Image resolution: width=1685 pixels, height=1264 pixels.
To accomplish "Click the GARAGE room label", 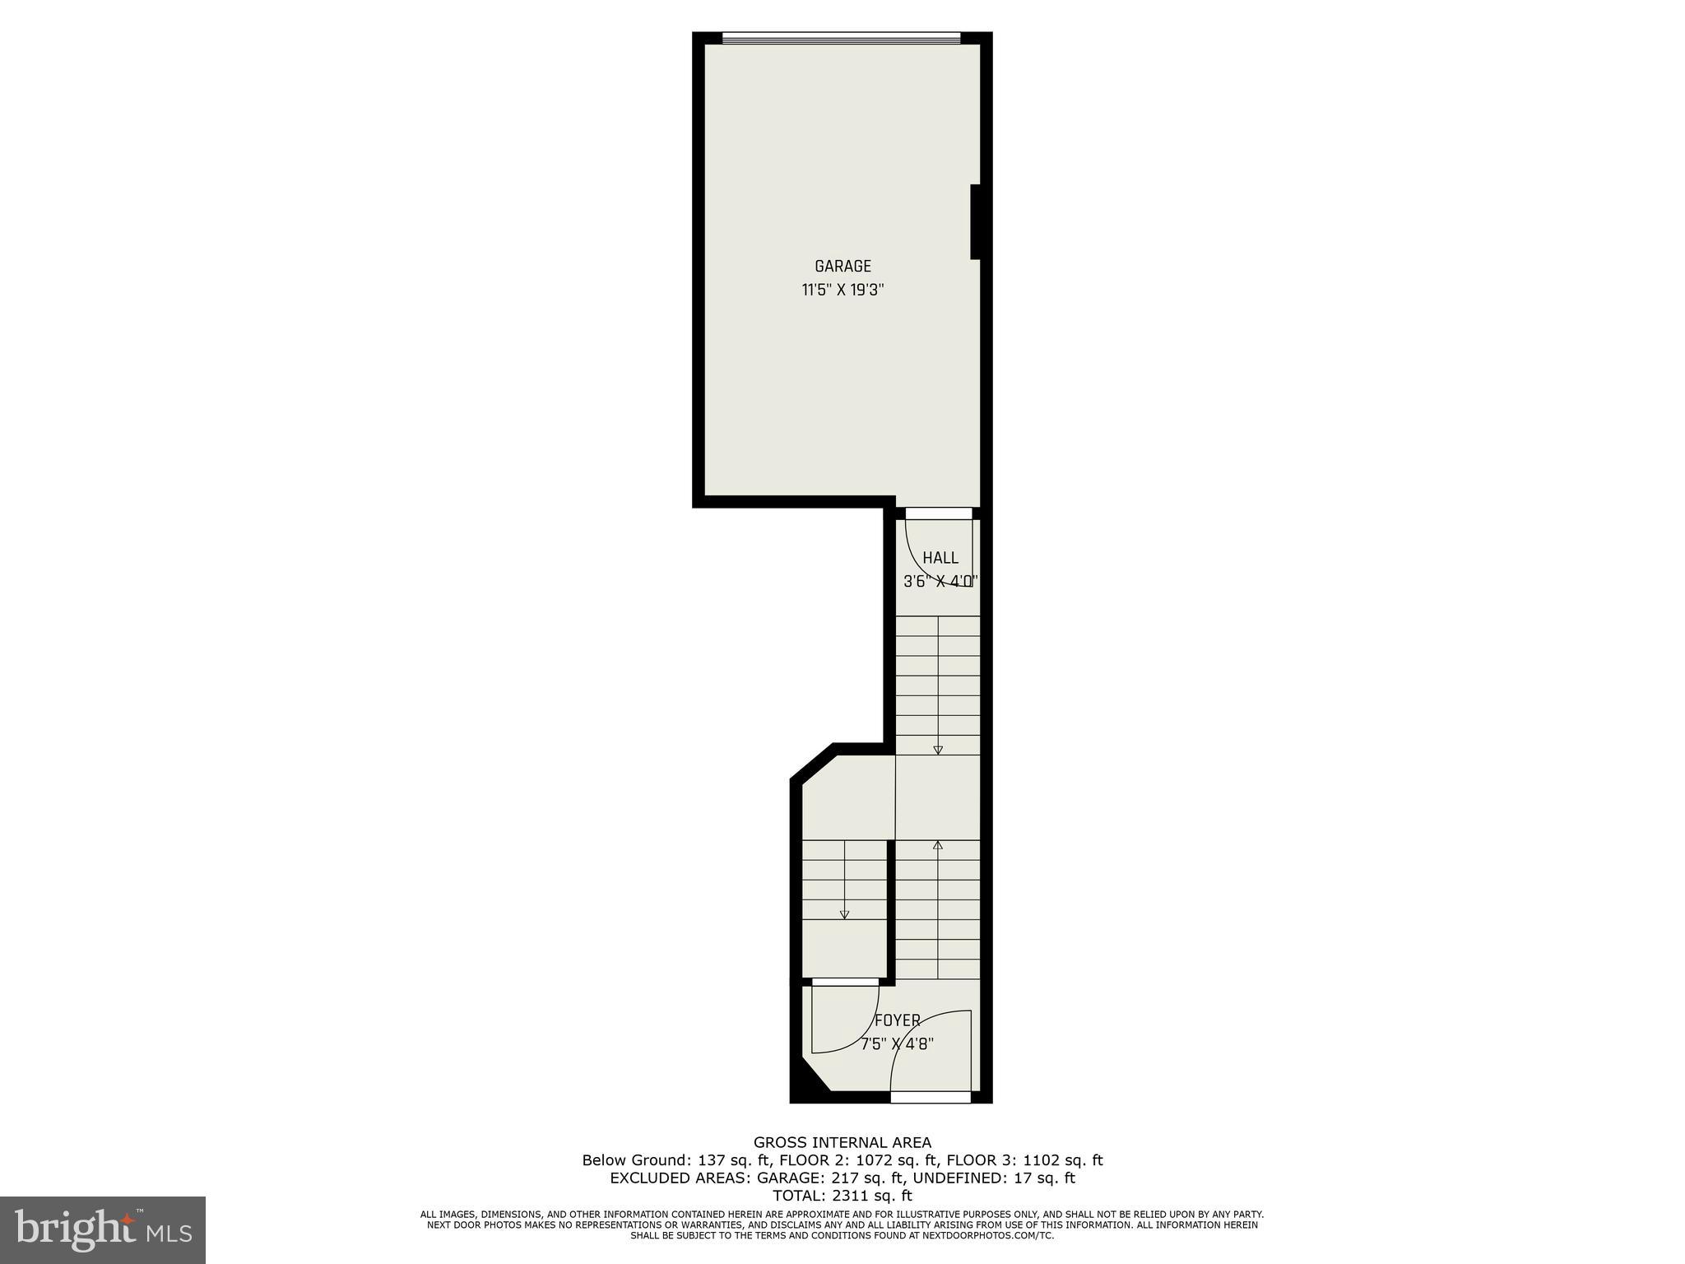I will pos(842,266).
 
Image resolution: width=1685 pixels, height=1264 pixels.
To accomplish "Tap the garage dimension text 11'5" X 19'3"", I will pos(842,290).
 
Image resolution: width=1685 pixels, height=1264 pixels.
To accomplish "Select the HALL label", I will pos(940,558).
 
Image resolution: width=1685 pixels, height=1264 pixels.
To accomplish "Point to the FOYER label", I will pos(897,1020).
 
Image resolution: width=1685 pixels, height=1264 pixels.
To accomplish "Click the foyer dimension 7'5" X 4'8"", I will pos(897,1044).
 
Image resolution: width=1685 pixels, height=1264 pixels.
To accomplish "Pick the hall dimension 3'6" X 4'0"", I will pos(940,581).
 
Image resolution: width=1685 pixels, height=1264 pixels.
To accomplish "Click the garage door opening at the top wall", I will pos(841,37).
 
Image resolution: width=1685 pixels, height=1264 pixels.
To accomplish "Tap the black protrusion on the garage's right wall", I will pos(976,222).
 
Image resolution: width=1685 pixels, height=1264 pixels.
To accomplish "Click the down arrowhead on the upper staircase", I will pos(938,750).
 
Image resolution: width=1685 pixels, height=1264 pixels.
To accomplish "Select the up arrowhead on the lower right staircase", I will pos(938,844).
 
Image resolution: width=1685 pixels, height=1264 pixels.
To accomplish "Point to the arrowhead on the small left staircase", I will pos(844,914).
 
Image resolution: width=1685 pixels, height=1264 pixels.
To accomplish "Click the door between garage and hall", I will pos(939,513).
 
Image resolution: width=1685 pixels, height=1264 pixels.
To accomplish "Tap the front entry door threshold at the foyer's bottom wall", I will pos(931,1097).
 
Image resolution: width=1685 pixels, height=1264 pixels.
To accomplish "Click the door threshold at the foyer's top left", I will pos(845,982).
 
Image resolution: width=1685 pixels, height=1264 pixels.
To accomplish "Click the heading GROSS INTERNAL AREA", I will pos(842,1142).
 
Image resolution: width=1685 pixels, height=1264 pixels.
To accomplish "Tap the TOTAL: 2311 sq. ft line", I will pos(842,1196).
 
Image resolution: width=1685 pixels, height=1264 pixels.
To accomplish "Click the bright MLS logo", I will pos(103,1229).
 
